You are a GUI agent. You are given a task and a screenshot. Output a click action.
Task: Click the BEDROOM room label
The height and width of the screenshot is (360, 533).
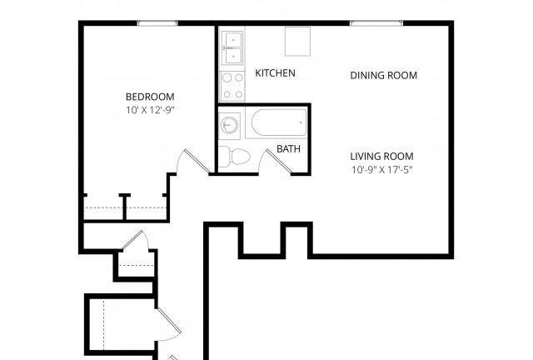150,97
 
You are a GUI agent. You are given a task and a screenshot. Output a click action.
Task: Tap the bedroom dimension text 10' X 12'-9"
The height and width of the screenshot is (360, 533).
150,110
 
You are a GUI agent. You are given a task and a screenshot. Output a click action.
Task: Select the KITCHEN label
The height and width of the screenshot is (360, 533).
275,73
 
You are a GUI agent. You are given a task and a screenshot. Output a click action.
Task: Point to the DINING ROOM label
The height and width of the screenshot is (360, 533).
383,76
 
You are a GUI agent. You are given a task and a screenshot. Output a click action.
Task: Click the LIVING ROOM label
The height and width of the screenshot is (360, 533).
381,157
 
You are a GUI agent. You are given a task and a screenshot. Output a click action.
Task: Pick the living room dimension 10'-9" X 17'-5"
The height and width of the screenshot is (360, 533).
381,169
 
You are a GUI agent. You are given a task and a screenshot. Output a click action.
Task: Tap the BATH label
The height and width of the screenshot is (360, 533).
288,148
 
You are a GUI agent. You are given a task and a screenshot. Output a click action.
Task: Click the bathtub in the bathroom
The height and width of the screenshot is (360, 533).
276,123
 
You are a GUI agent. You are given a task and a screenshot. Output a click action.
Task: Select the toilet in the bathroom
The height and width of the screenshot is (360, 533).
234,157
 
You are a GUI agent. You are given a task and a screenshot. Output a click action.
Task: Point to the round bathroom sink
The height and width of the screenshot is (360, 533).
230,125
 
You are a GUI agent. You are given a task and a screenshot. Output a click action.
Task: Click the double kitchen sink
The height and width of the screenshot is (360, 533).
232,47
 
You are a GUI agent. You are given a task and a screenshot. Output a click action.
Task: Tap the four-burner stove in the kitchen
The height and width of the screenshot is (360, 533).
232,86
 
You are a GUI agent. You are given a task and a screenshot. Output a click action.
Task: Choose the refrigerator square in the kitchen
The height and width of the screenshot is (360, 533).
297,41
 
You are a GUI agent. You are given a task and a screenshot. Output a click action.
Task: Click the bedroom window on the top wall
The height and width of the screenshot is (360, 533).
157,23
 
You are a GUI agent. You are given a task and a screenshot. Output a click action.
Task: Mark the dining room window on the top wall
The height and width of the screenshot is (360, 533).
376,23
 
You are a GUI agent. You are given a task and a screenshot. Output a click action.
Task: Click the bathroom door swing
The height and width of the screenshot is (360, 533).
277,162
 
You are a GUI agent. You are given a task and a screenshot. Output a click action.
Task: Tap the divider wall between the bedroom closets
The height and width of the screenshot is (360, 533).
125,207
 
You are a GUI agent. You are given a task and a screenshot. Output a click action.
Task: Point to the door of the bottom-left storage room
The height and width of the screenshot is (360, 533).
168,323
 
